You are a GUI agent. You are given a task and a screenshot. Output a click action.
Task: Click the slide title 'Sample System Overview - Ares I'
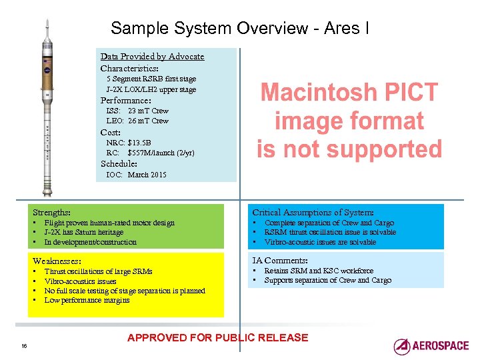[240, 28]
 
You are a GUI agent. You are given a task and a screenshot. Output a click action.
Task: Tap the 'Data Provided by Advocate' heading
[152, 57]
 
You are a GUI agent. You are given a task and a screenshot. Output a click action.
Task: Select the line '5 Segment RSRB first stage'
[151, 79]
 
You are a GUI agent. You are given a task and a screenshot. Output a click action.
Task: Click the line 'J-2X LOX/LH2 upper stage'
[151, 89]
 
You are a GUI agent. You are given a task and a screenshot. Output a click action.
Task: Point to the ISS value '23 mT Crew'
[148, 111]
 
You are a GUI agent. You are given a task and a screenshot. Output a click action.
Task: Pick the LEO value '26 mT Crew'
[148, 121]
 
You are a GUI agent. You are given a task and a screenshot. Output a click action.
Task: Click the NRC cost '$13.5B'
[139, 143]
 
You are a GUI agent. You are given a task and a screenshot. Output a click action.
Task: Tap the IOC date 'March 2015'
[147, 175]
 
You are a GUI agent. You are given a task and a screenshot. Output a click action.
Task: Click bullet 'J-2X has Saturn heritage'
[84, 233]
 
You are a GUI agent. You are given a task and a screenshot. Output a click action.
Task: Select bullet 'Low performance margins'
[87, 300]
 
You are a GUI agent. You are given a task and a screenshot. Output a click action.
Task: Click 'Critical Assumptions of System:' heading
[313, 212]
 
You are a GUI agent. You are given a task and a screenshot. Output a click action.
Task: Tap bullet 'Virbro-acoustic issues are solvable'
[320, 242]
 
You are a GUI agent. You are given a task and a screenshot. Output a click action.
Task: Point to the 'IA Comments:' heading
[279, 260]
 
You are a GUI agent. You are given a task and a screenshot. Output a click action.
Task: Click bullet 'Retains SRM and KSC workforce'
[319, 271]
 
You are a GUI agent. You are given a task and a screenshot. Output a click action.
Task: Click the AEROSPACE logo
[431, 346]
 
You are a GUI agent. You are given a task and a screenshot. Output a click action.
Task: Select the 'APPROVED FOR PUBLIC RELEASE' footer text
[217, 337]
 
